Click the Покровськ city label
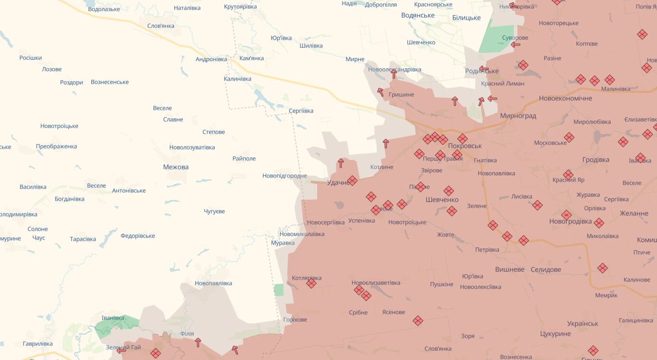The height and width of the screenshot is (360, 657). (x=465, y=146)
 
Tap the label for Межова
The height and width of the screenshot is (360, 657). (x=176, y=167)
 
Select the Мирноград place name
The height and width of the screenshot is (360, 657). (x=518, y=116)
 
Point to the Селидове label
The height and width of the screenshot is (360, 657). (x=546, y=269)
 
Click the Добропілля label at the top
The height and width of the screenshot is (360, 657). (x=381, y=4)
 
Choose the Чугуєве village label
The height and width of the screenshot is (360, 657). (x=214, y=211)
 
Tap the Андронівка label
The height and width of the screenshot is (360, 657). (x=211, y=59)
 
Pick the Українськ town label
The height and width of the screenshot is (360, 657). (x=583, y=323)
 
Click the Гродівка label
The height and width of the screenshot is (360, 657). (x=595, y=160)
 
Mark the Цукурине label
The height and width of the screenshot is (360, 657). (x=555, y=334)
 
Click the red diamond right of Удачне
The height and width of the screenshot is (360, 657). (x=352, y=181)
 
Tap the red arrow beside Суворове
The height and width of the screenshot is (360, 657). (x=516, y=44)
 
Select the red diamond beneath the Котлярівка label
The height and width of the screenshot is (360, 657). (x=311, y=283)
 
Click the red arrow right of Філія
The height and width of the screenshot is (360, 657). (x=198, y=342)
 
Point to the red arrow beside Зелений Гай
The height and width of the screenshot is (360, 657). (x=121, y=351)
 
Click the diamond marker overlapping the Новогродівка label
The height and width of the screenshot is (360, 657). (x=566, y=215)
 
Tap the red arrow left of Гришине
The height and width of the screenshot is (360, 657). (x=380, y=92)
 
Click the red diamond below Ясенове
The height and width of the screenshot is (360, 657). (x=417, y=320)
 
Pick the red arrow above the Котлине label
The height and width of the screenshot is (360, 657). (x=386, y=144)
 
